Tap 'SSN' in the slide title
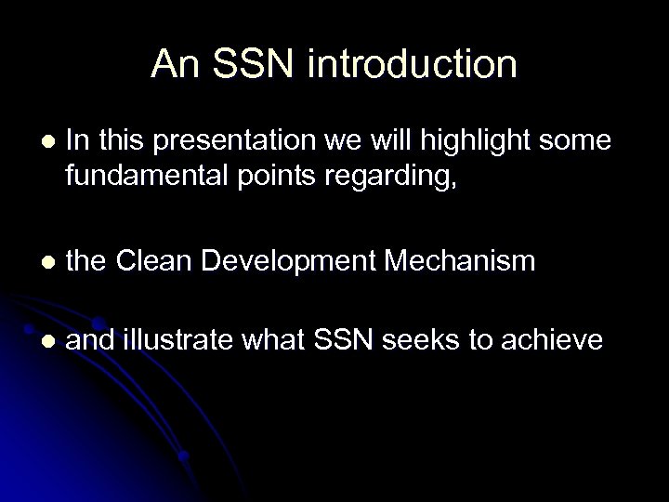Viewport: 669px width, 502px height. tap(256, 64)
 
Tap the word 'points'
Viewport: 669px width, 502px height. tap(263, 175)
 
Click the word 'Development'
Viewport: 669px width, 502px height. tap(298, 262)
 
